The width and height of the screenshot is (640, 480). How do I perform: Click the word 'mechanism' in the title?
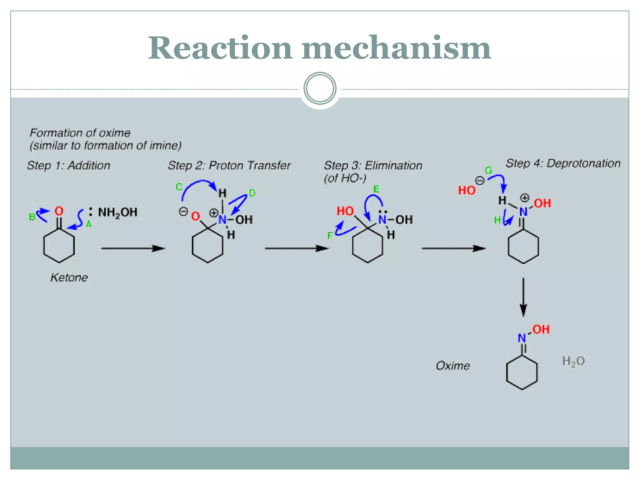coord(396,48)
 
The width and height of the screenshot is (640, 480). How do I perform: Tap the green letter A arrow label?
coord(88,224)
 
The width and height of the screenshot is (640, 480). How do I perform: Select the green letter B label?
coord(32,217)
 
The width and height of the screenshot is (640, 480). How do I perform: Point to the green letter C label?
coord(179,187)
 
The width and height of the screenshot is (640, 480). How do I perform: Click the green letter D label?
coord(252,193)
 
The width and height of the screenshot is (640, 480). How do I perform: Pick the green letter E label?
coord(376,189)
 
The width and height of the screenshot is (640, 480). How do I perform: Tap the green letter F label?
coord(330,236)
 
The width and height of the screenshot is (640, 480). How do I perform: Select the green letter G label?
coord(488,170)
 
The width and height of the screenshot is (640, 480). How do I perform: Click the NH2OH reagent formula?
coord(117,212)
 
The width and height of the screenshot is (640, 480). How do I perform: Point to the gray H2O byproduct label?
coord(573,361)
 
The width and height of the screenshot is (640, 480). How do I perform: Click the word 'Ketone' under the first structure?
coord(69,277)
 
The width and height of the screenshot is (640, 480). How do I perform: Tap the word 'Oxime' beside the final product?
coord(453,366)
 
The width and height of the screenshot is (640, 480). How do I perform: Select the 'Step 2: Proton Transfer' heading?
coord(229,165)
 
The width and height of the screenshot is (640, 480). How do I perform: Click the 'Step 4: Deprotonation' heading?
coord(563,163)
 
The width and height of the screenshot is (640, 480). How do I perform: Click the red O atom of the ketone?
coord(59,211)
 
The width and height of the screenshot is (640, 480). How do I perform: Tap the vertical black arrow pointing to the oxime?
coord(523,297)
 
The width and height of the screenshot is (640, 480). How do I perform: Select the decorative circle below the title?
coord(320,88)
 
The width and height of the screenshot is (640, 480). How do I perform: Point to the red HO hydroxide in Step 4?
coord(467,190)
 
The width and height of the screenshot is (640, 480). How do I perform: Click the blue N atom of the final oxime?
coord(522,338)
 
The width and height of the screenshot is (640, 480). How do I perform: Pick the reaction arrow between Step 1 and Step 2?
coord(133,248)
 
